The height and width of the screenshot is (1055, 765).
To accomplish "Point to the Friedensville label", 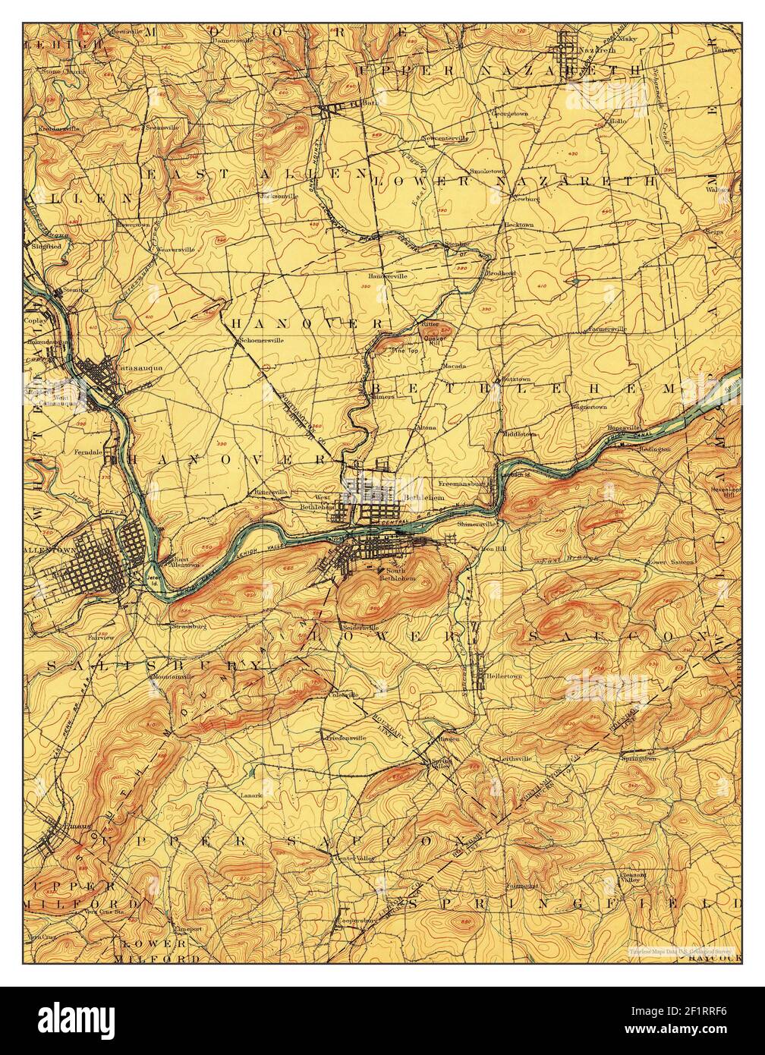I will point(346,737).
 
